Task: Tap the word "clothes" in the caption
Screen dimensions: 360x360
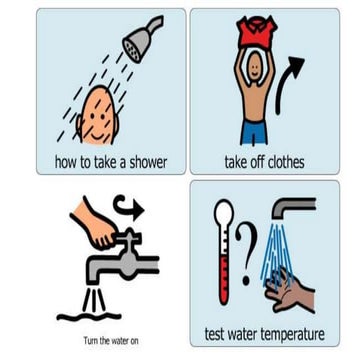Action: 285,162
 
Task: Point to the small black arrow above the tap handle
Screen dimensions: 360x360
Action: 129,208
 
